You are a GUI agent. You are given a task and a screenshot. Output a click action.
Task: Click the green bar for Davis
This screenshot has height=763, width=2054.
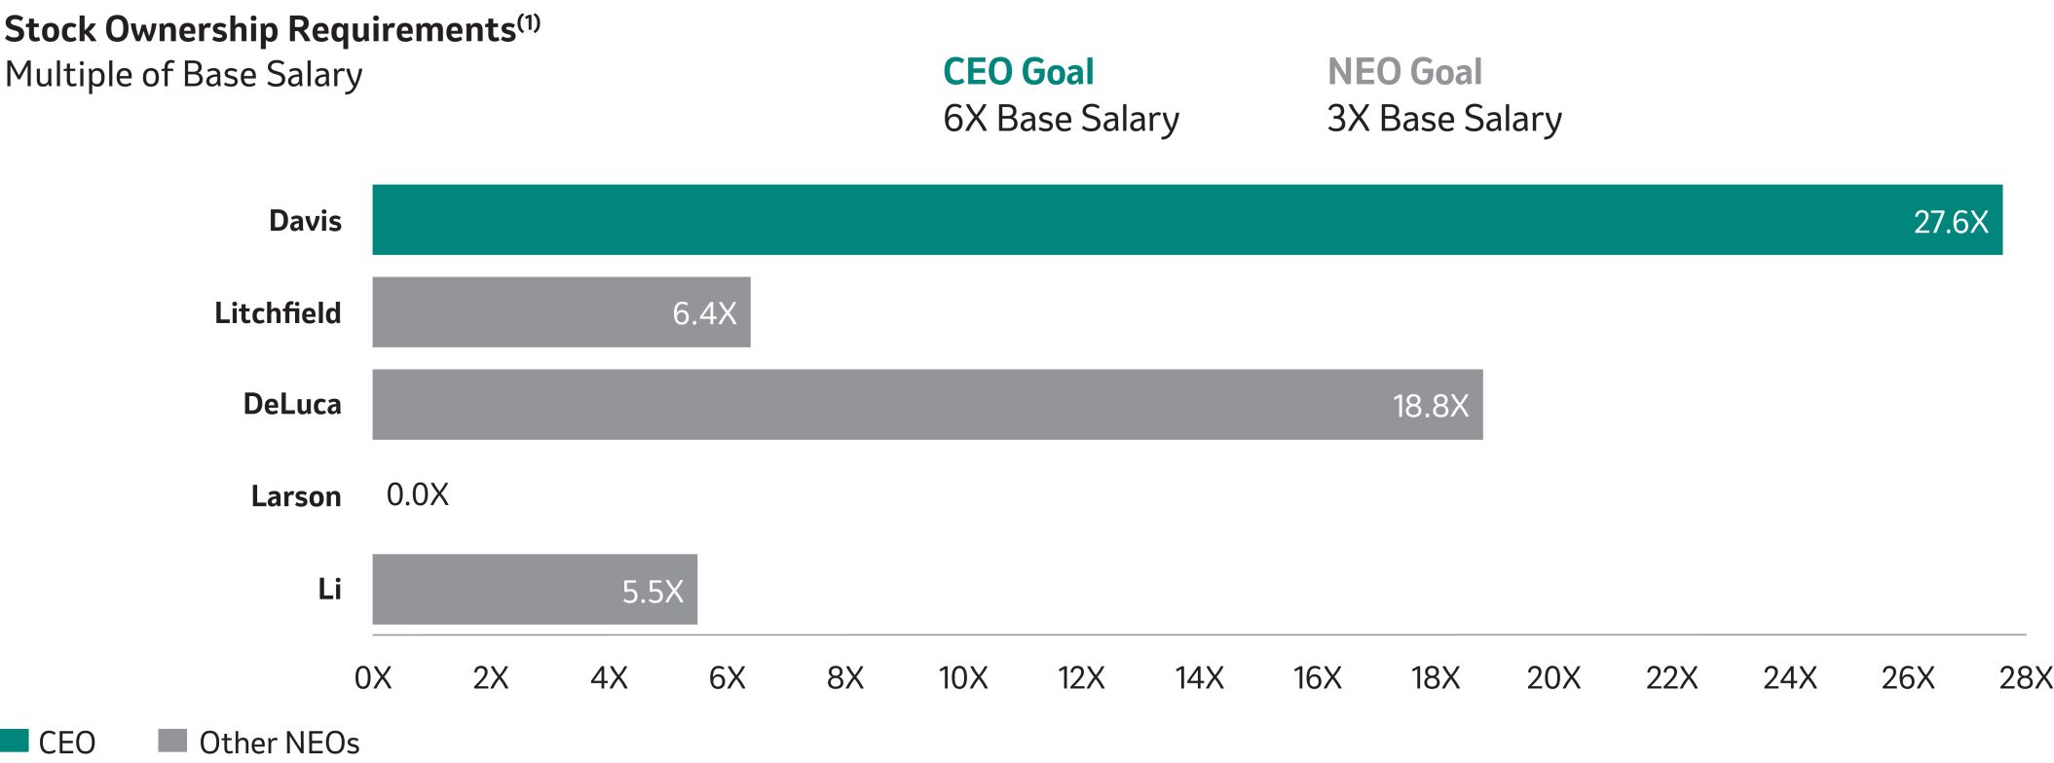pos(1169,220)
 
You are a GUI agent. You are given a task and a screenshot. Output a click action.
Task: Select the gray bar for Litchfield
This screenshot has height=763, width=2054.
pos(526,312)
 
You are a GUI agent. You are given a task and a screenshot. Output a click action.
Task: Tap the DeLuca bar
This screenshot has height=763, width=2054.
pos(877,404)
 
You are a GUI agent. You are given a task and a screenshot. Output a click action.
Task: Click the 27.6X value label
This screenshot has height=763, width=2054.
pos(1950,223)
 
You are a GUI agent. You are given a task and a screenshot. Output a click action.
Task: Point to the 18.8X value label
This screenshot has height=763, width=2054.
pos(1430,406)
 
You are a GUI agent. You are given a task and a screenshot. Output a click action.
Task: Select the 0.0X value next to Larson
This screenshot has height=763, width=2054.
pos(417,495)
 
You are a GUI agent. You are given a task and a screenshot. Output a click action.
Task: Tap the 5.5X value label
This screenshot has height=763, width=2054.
pos(653,592)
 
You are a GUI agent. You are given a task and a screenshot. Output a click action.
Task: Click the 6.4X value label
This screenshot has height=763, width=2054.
pos(704,313)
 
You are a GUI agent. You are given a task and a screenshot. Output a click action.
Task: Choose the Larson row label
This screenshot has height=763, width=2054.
pos(296,496)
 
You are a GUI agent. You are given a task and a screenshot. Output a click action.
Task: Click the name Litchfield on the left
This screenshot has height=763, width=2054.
pos(278,313)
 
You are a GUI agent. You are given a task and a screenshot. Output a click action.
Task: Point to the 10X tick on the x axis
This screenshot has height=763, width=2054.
pos(963,678)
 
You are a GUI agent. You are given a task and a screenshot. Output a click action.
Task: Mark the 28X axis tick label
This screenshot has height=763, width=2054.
pos(2026,678)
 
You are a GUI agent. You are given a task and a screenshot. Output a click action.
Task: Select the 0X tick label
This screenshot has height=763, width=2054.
pos(373,678)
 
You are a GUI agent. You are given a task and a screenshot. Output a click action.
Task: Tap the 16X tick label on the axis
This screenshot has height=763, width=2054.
pos(1317,678)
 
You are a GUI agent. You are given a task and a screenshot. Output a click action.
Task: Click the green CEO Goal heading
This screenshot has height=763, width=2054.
pos(1018,72)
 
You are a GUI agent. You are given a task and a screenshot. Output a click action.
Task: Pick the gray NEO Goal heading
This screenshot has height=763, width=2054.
pos(1403,72)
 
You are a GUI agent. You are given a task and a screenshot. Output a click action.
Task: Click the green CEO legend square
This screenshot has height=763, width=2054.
pos(15,741)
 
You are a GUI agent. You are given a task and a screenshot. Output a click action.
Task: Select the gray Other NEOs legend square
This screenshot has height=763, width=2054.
pos(171,741)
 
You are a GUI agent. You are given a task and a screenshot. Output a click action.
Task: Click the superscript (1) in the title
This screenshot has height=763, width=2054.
pos(529,22)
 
